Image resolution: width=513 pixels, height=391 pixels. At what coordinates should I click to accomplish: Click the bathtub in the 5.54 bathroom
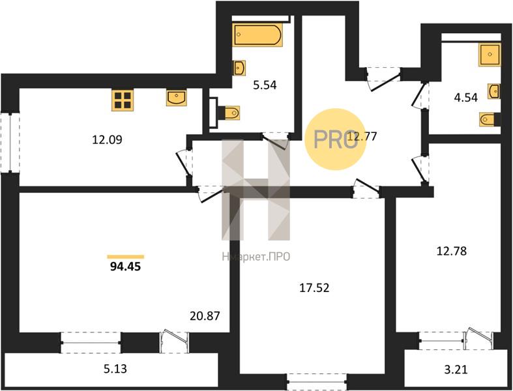click(257, 34)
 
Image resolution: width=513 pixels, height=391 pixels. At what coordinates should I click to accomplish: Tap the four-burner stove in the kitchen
click(123, 100)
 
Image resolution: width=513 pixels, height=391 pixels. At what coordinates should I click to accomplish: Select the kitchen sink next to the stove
click(177, 98)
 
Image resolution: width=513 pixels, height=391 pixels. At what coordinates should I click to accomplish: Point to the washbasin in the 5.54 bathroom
click(239, 68)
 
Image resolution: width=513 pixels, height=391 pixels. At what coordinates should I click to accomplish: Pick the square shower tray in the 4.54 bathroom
click(490, 55)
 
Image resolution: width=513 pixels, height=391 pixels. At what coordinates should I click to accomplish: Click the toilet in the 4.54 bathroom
click(490, 119)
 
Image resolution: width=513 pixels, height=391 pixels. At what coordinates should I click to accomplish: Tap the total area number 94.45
click(125, 267)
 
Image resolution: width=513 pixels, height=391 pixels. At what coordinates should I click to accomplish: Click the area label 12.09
click(107, 140)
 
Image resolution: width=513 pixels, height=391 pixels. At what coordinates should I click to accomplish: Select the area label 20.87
click(205, 316)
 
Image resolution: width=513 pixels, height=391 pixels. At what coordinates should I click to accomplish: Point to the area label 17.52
click(314, 288)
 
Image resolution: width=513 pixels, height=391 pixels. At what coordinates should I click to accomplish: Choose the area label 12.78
click(452, 252)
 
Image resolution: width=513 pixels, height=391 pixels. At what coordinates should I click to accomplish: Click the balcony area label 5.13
click(115, 369)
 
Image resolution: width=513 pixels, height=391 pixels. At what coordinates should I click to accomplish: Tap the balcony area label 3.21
click(456, 369)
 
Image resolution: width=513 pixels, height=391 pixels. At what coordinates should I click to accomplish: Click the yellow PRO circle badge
click(335, 139)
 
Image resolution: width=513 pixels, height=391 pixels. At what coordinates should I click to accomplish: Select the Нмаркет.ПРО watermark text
click(256, 257)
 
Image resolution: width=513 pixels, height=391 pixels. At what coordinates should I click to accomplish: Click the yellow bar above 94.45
click(126, 257)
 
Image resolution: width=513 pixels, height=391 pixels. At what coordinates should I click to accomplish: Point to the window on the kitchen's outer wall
click(10, 142)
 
